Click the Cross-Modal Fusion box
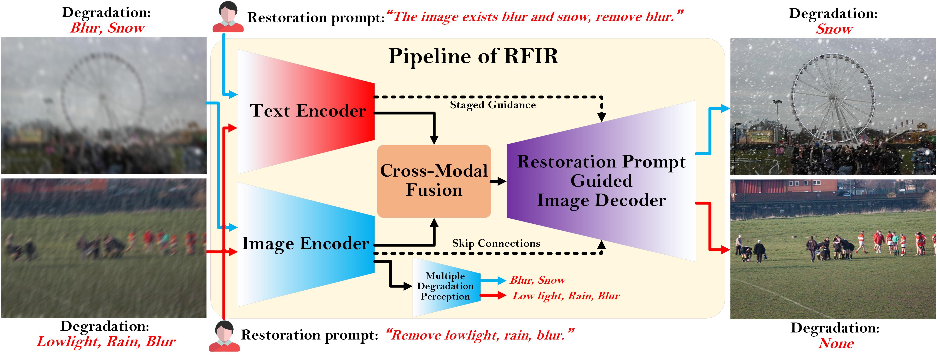(434, 181)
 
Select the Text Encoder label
(308, 111)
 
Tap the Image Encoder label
(305, 243)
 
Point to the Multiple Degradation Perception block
(446, 287)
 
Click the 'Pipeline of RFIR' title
(473, 56)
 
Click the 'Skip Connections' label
(496, 243)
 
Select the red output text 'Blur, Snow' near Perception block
(538, 280)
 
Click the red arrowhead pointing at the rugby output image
(725, 250)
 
